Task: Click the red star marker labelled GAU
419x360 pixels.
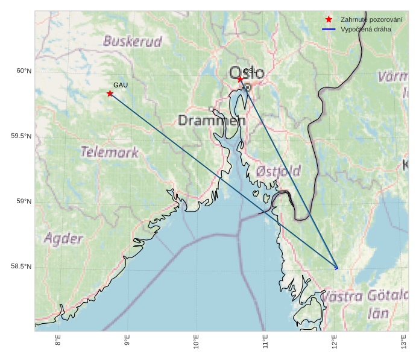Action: pyautogui.click(x=110, y=93)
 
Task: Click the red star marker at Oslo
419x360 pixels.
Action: pyautogui.click(x=240, y=79)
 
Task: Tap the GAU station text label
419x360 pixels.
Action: pyautogui.click(x=121, y=85)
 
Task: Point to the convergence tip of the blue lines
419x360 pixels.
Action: pyautogui.click(x=337, y=268)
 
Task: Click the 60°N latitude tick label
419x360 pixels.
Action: pyautogui.click(x=24, y=71)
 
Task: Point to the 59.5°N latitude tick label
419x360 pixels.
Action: pyautogui.click(x=21, y=136)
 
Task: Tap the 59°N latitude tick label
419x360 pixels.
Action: pyautogui.click(x=24, y=201)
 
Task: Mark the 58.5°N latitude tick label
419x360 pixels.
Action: pyautogui.click(x=21, y=267)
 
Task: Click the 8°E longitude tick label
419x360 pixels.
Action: pyautogui.click(x=58, y=344)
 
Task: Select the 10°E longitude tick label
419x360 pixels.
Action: pyautogui.click(x=197, y=344)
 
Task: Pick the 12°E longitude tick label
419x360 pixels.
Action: pyautogui.click(x=335, y=344)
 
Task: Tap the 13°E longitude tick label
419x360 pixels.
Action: pyautogui.click(x=404, y=344)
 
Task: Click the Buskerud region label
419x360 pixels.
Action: pyautogui.click(x=133, y=42)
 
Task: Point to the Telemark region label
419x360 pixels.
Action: pyautogui.click(x=110, y=152)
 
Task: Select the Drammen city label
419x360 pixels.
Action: pyautogui.click(x=212, y=121)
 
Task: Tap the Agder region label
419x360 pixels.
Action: pyautogui.click(x=63, y=238)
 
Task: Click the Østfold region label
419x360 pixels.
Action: pyautogui.click(x=278, y=171)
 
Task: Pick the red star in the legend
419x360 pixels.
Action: pyautogui.click(x=329, y=19)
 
